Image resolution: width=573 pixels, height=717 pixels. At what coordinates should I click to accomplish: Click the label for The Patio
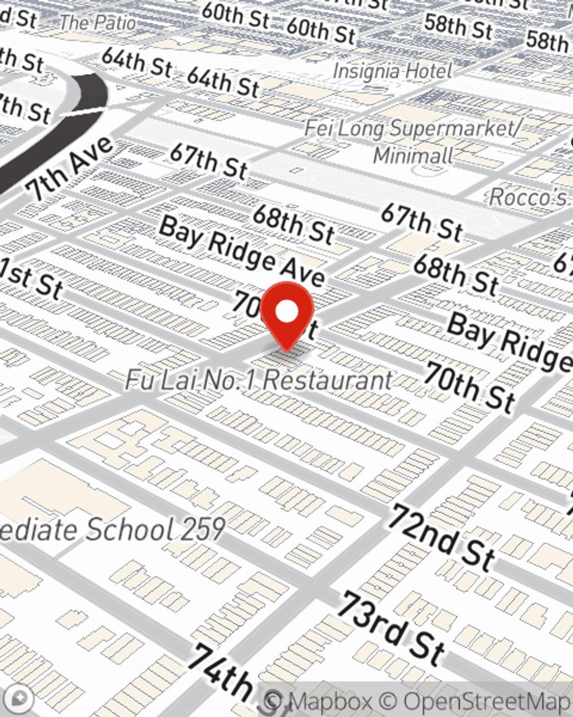point(98,23)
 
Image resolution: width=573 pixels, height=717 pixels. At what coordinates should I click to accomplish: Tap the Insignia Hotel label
point(393,71)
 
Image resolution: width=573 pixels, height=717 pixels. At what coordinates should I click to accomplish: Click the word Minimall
point(413,155)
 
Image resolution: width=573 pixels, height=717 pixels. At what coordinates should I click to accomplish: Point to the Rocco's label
point(528,197)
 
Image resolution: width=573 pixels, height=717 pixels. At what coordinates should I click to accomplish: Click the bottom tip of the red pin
point(286,350)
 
